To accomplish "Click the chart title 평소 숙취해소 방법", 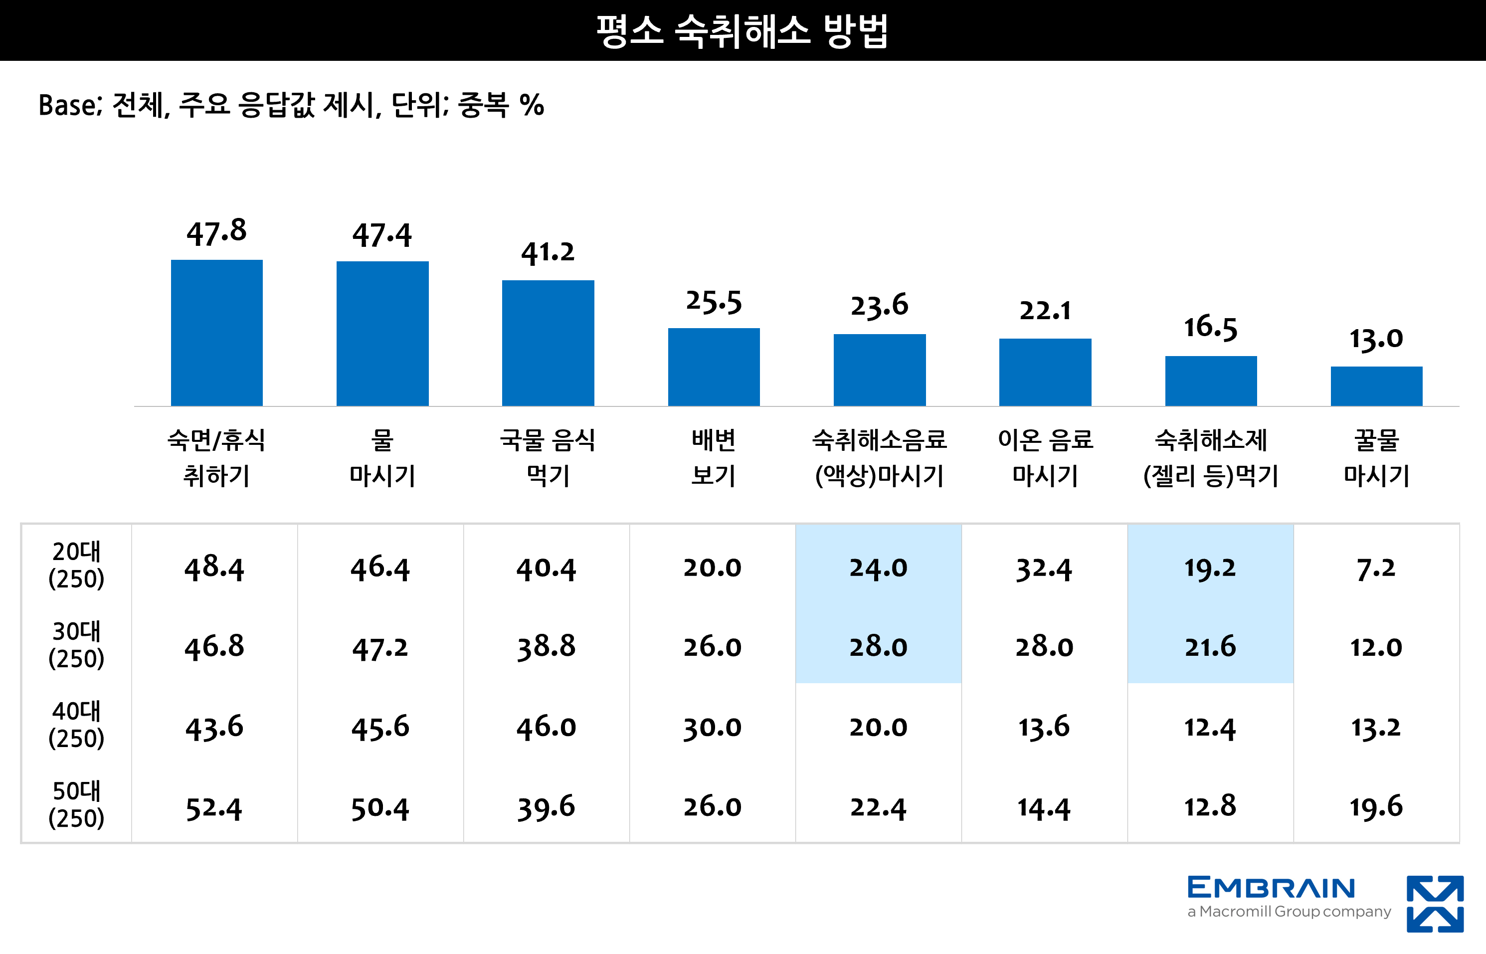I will pos(742,31).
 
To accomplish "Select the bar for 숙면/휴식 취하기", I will pos(217,333).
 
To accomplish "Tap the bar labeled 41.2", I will pos(548,343).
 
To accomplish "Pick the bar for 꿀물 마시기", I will pos(1376,386).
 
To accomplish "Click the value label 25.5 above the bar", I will pos(714,302).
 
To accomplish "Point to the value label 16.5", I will pos(1210,327).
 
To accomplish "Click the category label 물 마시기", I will pos(382,458).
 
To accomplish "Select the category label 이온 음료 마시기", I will pos(1045,458).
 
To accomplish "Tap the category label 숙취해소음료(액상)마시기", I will pos(879,458).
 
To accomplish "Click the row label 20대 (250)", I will pos(76,565).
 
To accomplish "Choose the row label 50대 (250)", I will pos(76,804).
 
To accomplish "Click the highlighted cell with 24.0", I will pos(878,568).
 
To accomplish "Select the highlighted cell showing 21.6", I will pos(1210,647).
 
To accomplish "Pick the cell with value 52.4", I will pos(214,808).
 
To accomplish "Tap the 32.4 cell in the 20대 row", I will pos(1044,569).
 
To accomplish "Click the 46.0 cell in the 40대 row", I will pos(547,727).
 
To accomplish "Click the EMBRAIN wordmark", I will pos(1271,888).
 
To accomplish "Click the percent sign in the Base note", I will pos(532,105).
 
